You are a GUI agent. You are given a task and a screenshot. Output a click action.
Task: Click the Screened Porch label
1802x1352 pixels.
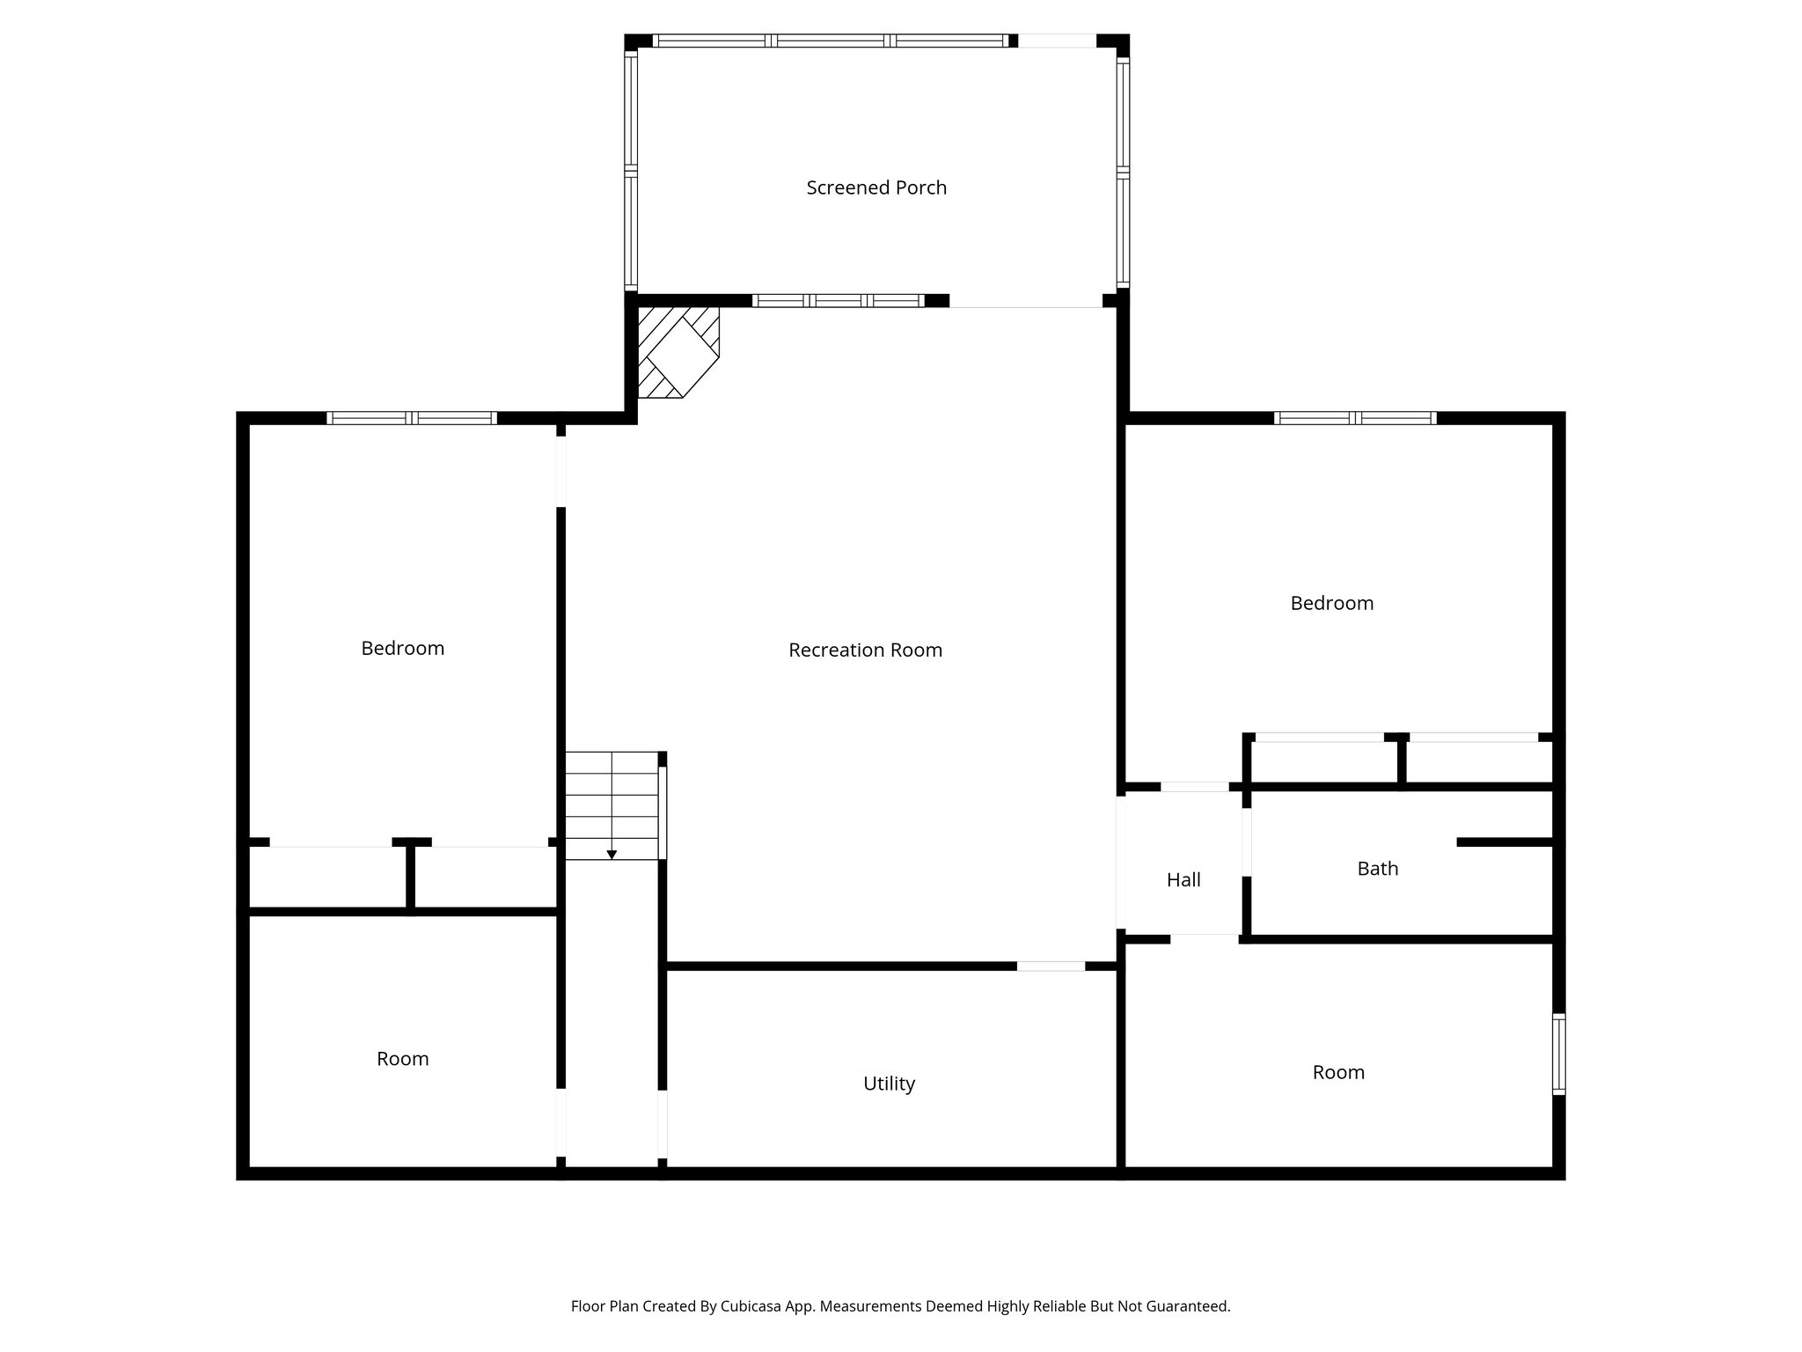coord(876,187)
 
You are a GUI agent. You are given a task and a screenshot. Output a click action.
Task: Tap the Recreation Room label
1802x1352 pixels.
coord(865,650)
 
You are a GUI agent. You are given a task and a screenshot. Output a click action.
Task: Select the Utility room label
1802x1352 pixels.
coord(889,1084)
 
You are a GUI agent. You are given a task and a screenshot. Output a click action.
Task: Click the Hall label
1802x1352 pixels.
coord(1183,879)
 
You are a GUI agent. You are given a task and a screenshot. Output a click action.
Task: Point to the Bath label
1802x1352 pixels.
coord(1377,869)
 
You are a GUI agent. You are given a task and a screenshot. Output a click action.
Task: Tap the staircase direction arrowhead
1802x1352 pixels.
coord(612,855)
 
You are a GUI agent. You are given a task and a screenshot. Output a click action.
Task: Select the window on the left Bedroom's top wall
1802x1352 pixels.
coord(412,418)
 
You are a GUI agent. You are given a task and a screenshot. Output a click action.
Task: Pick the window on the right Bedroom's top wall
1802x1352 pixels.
coord(1355,418)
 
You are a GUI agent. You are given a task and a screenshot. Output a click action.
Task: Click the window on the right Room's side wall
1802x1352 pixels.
coord(1558,1054)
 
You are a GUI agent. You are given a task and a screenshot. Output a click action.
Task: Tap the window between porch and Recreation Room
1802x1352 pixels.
coord(838,301)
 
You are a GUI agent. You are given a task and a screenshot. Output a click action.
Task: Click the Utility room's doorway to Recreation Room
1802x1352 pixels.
coord(1051,966)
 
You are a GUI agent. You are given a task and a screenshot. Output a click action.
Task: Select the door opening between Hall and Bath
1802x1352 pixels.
coord(1247,841)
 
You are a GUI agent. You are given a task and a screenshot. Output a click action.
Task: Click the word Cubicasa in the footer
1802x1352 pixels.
coord(754,1306)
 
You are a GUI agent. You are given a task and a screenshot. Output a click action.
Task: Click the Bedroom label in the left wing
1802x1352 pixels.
coord(402,648)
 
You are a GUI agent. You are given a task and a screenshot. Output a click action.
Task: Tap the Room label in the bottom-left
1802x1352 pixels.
coord(402,1059)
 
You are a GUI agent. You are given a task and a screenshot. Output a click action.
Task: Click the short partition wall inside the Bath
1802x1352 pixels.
coord(1505,842)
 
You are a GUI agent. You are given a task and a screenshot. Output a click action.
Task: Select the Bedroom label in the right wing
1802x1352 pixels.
coord(1331,603)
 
